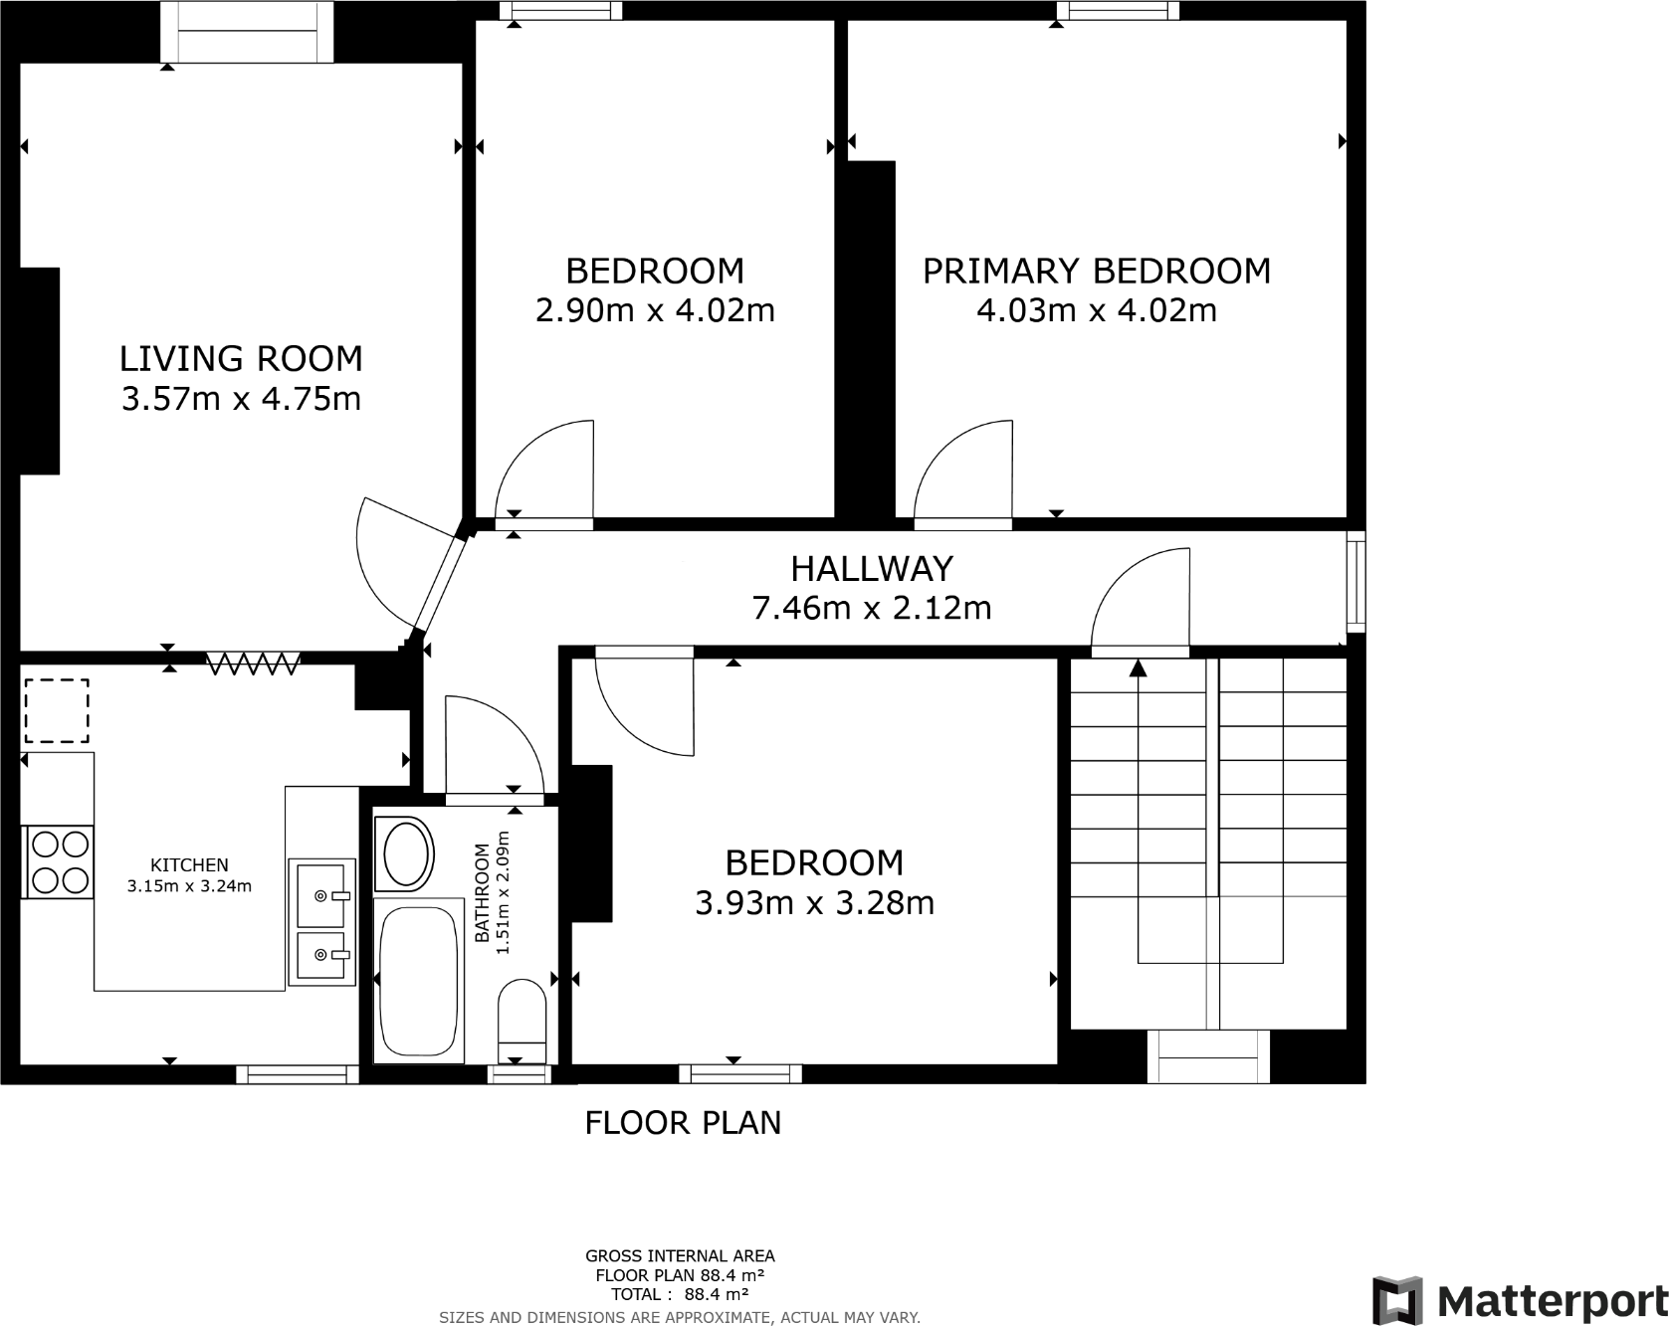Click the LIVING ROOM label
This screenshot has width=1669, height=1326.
pyautogui.click(x=241, y=358)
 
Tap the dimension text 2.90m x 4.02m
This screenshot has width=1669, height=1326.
pyautogui.click(x=655, y=310)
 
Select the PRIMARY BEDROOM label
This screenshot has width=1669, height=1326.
pyautogui.click(x=1096, y=271)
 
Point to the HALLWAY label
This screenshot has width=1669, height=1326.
pyautogui.click(x=872, y=568)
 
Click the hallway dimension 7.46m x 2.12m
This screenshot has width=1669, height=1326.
pyautogui.click(x=872, y=608)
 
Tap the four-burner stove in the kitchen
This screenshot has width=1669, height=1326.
pyautogui.click(x=60, y=862)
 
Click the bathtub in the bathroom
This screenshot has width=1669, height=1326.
pyautogui.click(x=419, y=980)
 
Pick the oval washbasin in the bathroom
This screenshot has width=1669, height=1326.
pyautogui.click(x=406, y=853)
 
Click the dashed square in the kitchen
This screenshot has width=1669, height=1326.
pyautogui.click(x=57, y=710)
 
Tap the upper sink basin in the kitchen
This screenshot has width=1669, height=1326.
pyautogui.click(x=321, y=892)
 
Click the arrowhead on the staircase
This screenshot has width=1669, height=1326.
pyautogui.click(x=1138, y=668)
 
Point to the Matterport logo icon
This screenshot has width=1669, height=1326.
pyautogui.click(x=1396, y=1300)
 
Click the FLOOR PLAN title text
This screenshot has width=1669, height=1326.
pyautogui.click(x=683, y=1123)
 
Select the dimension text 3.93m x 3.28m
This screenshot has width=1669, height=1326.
pyautogui.click(x=814, y=903)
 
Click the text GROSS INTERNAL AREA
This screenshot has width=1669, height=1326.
pyautogui.click(x=680, y=1256)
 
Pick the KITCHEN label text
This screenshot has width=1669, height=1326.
pyautogui.click(x=189, y=865)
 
